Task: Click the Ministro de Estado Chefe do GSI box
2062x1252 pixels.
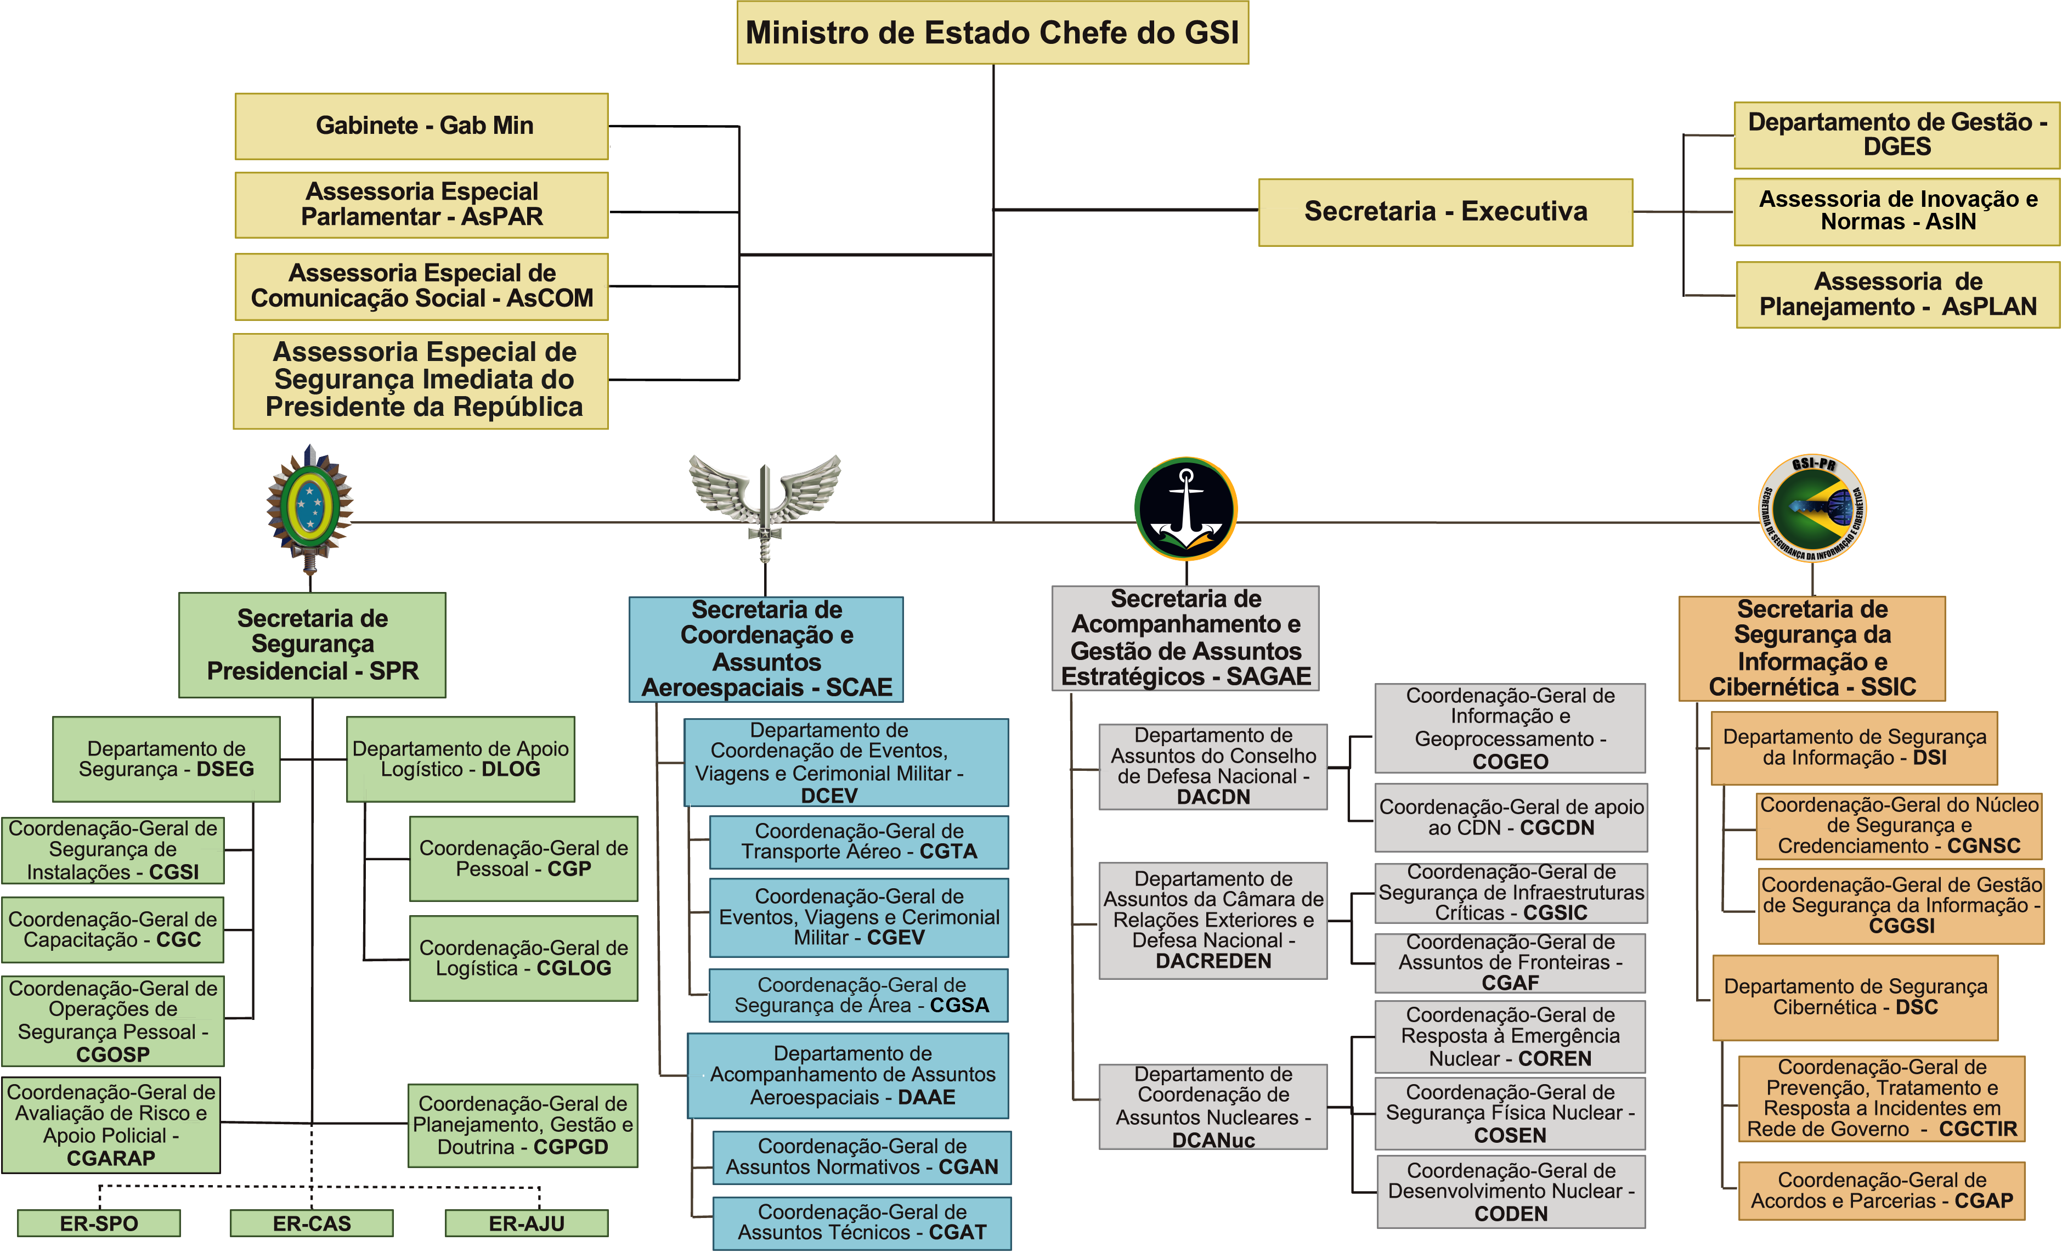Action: pyautogui.click(x=992, y=32)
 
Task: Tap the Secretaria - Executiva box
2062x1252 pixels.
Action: pyautogui.click(x=1445, y=212)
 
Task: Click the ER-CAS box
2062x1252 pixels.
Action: pyautogui.click(x=312, y=1223)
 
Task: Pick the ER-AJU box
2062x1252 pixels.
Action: pyautogui.click(x=527, y=1223)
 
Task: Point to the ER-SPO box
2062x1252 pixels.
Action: pyautogui.click(x=99, y=1223)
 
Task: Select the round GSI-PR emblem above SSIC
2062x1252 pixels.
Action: pyautogui.click(x=1812, y=509)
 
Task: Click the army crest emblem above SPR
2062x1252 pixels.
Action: pyautogui.click(x=309, y=506)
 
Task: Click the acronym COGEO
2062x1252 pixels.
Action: pyautogui.click(x=1511, y=762)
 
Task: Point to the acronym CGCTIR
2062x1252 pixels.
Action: pyautogui.click(x=1978, y=1129)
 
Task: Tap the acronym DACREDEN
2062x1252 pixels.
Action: pyautogui.click(x=1213, y=961)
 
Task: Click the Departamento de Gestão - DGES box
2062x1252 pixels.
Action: pyautogui.click(x=1896, y=135)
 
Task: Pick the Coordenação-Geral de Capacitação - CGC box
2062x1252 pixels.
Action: pyautogui.click(x=113, y=930)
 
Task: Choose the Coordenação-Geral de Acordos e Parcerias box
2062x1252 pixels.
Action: pyautogui.click(x=1881, y=1190)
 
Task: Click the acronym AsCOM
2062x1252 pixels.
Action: pyautogui.click(x=549, y=299)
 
